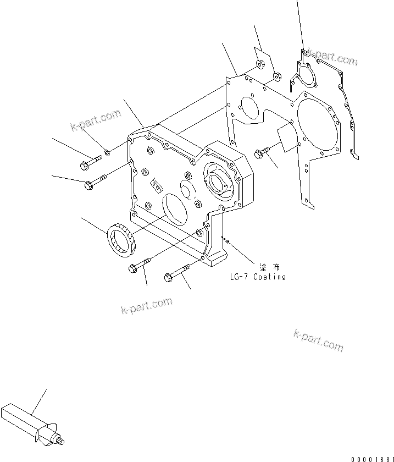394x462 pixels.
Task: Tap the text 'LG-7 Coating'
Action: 258,277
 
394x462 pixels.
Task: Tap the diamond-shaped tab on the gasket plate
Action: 285,137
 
